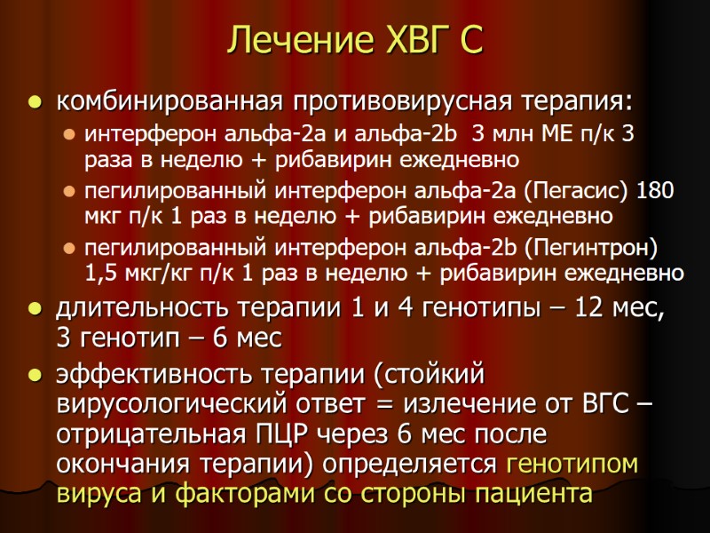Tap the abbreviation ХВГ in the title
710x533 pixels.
pos(397,39)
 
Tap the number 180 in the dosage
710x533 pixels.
pos(658,192)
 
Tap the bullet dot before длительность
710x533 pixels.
pos(35,311)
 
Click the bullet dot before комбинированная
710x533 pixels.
pos(35,103)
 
